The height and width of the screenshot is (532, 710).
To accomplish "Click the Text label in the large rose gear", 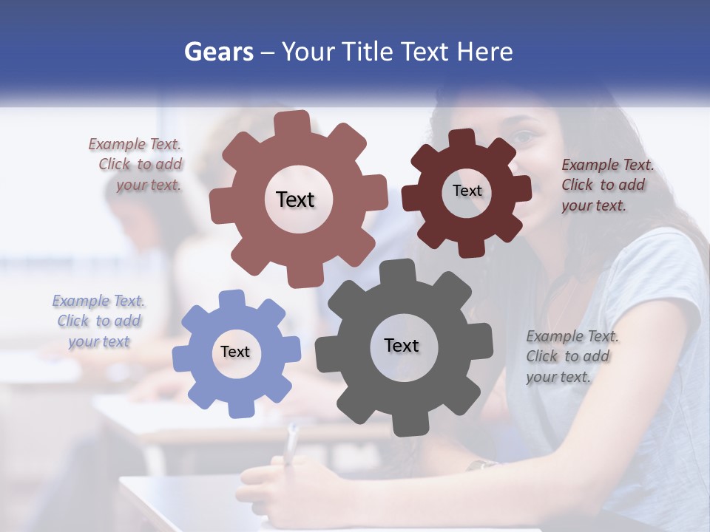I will point(295,199).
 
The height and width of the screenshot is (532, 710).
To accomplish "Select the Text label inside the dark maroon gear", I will point(467,191).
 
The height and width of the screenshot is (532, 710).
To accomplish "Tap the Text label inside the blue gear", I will point(235,352).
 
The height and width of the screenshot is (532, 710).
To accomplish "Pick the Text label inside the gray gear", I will point(402,345).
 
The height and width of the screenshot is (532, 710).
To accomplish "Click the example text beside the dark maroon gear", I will point(606,185).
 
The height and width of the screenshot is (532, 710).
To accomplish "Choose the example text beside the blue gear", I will point(98,321).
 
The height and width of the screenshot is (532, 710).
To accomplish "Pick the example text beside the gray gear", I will point(571,356).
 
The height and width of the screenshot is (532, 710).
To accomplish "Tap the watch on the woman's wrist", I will point(482,465).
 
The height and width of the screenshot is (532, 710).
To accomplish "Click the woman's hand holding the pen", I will point(292,484).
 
